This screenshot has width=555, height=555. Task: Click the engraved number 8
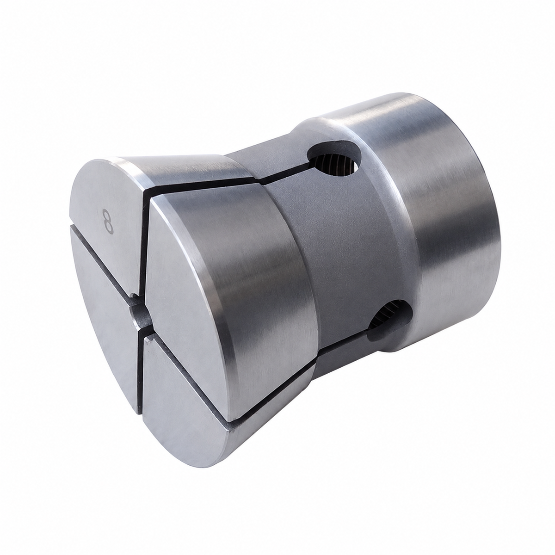(x=109, y=222)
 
